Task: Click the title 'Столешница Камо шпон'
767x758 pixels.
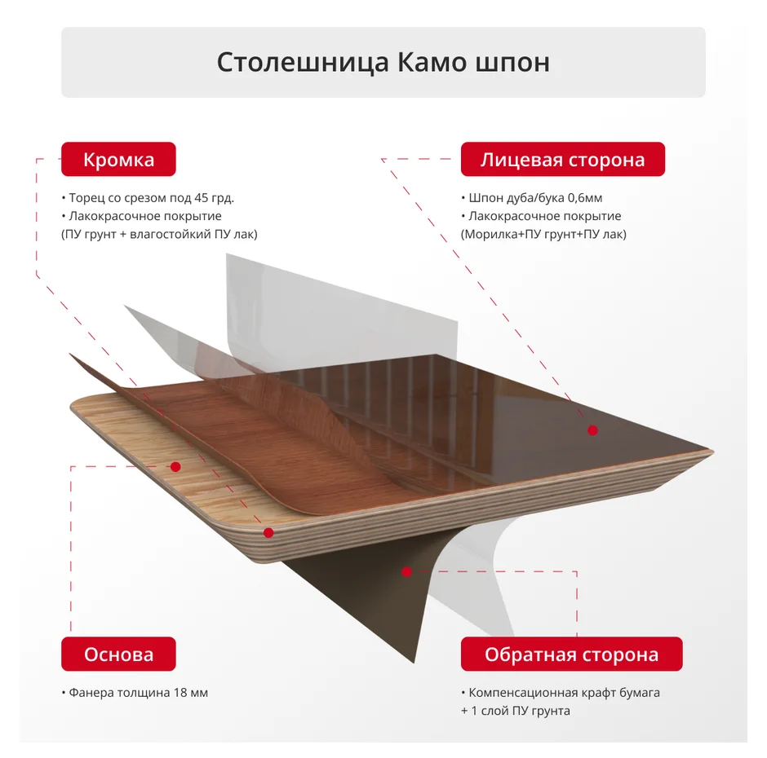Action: point(383,63)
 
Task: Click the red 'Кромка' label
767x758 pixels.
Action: point(118,159)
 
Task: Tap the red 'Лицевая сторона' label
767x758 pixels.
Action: point(562,159)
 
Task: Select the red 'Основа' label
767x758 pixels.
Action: point(118,654)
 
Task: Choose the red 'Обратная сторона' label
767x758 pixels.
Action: point(571,654)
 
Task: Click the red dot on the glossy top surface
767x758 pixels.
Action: point(593,430)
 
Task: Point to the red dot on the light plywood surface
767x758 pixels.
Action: point(175,467)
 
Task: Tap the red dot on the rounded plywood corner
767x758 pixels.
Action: point(268,533)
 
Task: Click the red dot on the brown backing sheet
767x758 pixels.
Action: point(406,572)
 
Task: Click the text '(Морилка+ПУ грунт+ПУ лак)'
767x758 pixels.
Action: point(543,234)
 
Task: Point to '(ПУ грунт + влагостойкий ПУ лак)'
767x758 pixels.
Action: point(159,234)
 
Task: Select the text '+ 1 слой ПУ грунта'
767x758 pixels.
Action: point(516,711)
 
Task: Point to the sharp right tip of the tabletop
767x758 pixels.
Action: point(713,452)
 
